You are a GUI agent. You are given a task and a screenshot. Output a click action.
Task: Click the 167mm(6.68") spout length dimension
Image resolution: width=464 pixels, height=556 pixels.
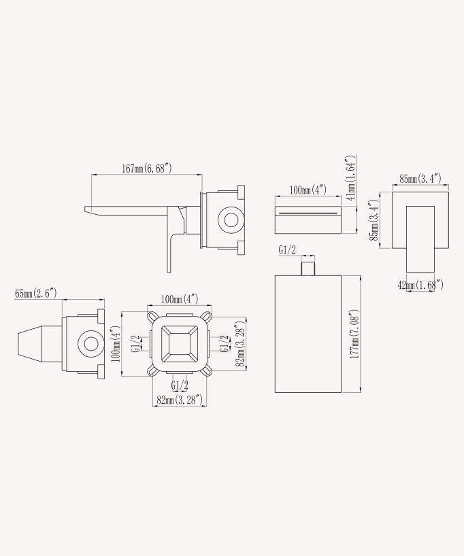pos(147,168)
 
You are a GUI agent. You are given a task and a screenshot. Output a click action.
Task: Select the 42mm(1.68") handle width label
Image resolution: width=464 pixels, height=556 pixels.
pos(420,285)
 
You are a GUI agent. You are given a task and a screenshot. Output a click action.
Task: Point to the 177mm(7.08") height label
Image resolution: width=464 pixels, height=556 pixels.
pos(354,334)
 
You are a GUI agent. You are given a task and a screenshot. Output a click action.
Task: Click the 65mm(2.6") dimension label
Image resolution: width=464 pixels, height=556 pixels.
pos(36,294)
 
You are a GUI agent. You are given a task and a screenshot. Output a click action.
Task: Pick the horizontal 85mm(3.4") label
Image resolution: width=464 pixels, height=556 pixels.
pos(420,179)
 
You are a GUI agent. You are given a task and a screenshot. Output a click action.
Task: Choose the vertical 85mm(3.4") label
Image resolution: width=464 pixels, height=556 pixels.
pos(374,220)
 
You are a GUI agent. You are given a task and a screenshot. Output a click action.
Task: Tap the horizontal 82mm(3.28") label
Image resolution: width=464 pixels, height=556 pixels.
pos(180,400)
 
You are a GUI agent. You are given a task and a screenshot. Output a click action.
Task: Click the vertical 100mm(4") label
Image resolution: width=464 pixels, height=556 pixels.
pos(116,344)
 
